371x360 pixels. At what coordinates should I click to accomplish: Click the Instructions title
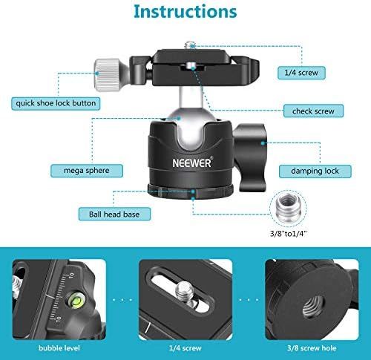185,12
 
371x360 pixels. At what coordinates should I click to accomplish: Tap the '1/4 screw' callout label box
301,73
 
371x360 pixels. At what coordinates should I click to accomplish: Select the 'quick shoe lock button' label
56,103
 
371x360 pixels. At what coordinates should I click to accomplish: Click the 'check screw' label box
313,111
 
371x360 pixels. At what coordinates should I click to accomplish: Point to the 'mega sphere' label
87,171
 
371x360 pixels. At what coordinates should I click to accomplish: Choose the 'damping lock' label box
315,171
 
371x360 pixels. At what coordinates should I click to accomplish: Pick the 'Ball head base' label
114,214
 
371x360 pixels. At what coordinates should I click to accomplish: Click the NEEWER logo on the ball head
193,163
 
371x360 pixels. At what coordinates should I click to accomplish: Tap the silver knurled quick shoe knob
107,75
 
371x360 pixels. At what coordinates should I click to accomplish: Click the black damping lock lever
250,157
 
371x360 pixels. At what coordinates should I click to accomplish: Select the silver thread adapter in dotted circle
288,207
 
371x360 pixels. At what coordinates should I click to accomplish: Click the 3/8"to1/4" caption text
289,233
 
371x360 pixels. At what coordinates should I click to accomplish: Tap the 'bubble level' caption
59,348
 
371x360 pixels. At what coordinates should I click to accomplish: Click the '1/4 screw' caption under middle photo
185,348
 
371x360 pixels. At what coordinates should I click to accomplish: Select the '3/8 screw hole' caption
312,348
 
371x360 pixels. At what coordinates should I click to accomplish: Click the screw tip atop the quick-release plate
190,45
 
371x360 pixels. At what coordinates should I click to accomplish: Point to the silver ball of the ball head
191,128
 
